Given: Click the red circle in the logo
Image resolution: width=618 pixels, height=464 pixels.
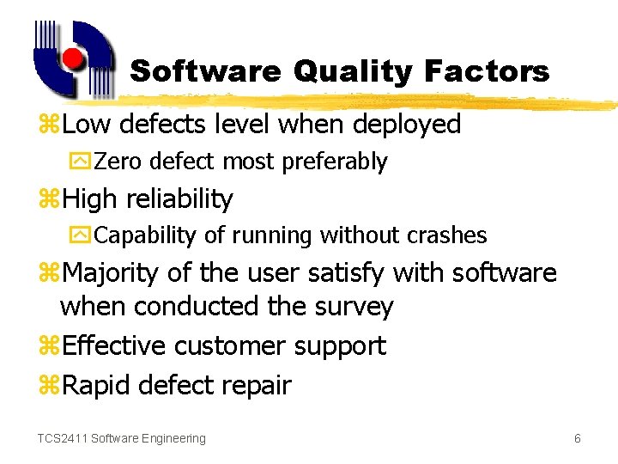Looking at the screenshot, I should (x=74, y=58).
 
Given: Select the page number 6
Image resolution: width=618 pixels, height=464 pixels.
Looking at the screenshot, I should (x=578, y=439).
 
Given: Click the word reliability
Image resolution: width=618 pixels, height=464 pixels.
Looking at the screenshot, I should (x=179, y=199).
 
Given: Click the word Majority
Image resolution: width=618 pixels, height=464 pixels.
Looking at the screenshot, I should (x=112, y=274).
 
